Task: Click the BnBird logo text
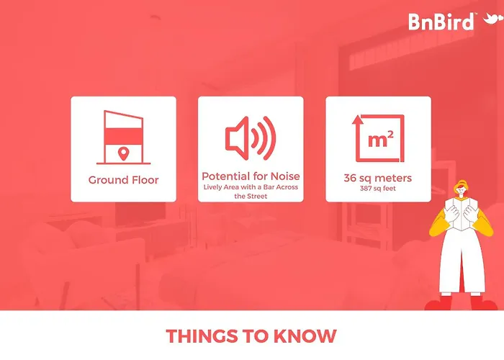(441, 22)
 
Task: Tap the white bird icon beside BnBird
(492, 19)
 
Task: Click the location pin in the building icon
(123, 153)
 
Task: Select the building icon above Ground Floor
(123, 138)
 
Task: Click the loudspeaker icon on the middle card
(251, 138)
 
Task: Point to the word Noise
(285, 176)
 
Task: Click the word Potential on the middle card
(226, 176)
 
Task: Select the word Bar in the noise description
(269, 187)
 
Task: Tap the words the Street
(251, 196)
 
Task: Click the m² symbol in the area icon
(381, 139)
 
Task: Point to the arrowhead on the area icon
(356, 120)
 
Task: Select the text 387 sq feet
(378, 189)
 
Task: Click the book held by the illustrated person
(461, 213)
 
